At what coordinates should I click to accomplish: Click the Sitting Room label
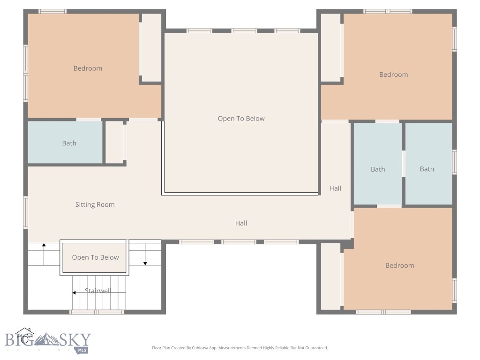coord(95,205)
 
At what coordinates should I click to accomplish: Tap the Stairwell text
coord(97,291)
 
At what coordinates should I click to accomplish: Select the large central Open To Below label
coord(241,119)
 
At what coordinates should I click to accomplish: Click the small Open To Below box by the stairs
coord(95,257)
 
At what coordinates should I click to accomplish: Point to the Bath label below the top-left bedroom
coord(69,143)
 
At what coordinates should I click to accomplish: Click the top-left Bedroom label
coord(88,68)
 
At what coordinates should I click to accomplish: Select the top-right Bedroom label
coord(393,75)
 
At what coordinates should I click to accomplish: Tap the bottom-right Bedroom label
coord(399,266)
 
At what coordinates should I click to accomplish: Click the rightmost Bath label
coord(427,169)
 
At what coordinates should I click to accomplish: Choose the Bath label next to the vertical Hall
coord(378,169)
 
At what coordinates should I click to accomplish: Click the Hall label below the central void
coord(241,224)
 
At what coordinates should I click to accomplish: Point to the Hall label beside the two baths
coord(335,188)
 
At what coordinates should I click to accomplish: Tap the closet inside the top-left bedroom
coord(151,47)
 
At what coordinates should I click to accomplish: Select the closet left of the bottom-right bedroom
coord(330,276)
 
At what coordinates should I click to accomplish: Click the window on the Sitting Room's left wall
coord(25,212)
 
